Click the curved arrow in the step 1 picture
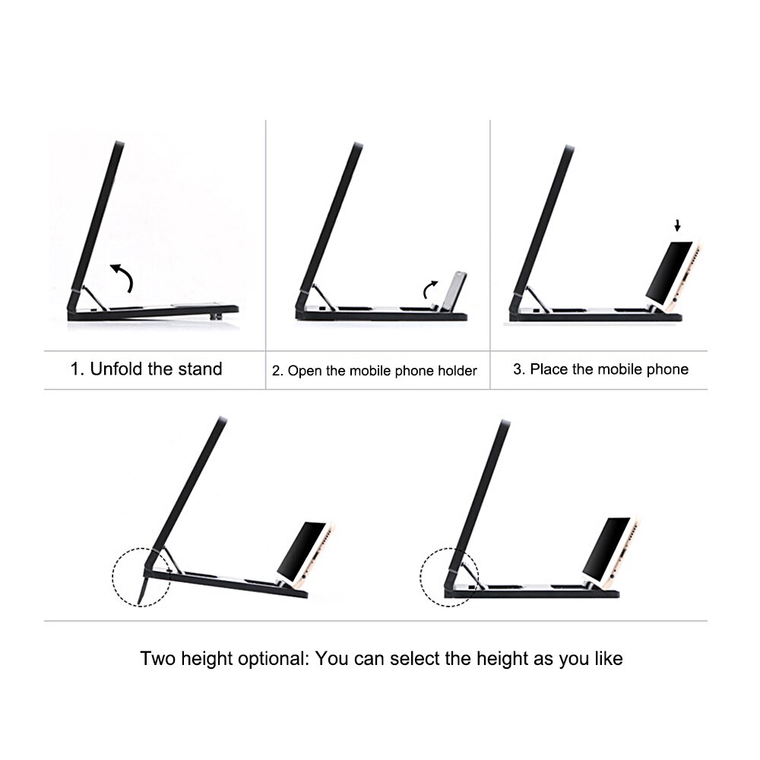pyautogui.click(x=122, y=276)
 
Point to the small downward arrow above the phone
pyautogui.click(x=677, y=226)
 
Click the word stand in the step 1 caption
pyautogui.click(x=200, y=369)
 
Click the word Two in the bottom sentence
pyautogui.click(x=157, y=658)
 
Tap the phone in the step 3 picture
pyautogui.click(x=673, y=274)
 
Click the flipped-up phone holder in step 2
pyautogui.click(x=454, y=292)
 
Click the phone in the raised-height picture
pyautogui.click(x=304, y=550)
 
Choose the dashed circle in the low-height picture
pyautogui.click(x=450, y=576)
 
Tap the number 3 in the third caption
pyautogui.click(x=518, y=369)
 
